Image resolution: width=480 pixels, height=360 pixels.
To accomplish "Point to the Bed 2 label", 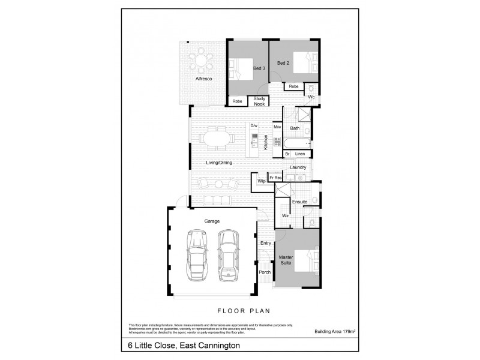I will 283,63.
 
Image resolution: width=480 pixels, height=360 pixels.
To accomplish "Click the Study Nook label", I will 260,101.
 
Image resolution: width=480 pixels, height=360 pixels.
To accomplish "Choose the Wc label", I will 312,97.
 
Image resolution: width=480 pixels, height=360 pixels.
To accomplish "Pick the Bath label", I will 295,128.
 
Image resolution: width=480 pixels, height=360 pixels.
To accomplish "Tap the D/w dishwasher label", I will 254,125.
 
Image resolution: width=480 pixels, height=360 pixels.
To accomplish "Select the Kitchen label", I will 265,142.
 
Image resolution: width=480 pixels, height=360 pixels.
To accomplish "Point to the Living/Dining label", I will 219,163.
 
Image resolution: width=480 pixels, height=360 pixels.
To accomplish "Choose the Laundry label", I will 298,167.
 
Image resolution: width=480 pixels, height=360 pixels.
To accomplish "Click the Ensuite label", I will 300,202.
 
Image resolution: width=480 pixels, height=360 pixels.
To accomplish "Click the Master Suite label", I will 286,260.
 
